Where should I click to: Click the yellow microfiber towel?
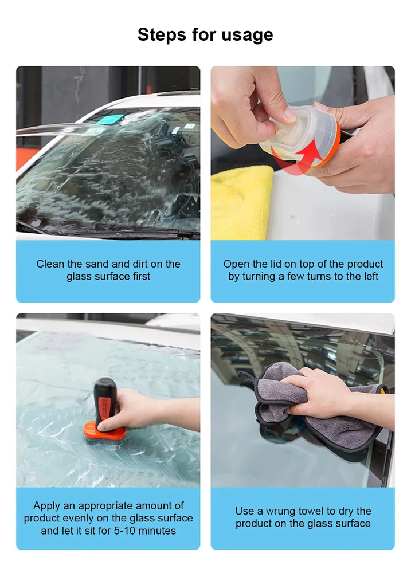pos(241,202)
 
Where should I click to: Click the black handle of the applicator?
pos(104,400)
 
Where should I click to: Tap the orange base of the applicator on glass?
pos(104,431)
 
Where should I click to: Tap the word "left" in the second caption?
pos(370,276)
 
